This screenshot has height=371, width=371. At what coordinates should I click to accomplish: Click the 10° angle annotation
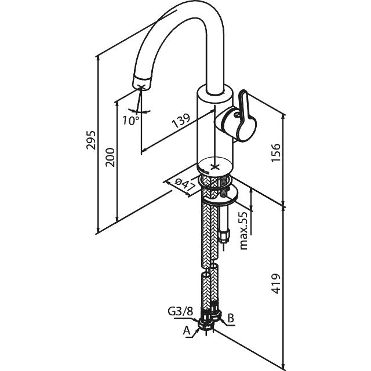(130, 121)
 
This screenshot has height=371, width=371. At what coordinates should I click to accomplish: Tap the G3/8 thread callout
(180, 312)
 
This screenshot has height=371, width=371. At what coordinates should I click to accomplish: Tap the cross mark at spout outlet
(141, 88)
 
